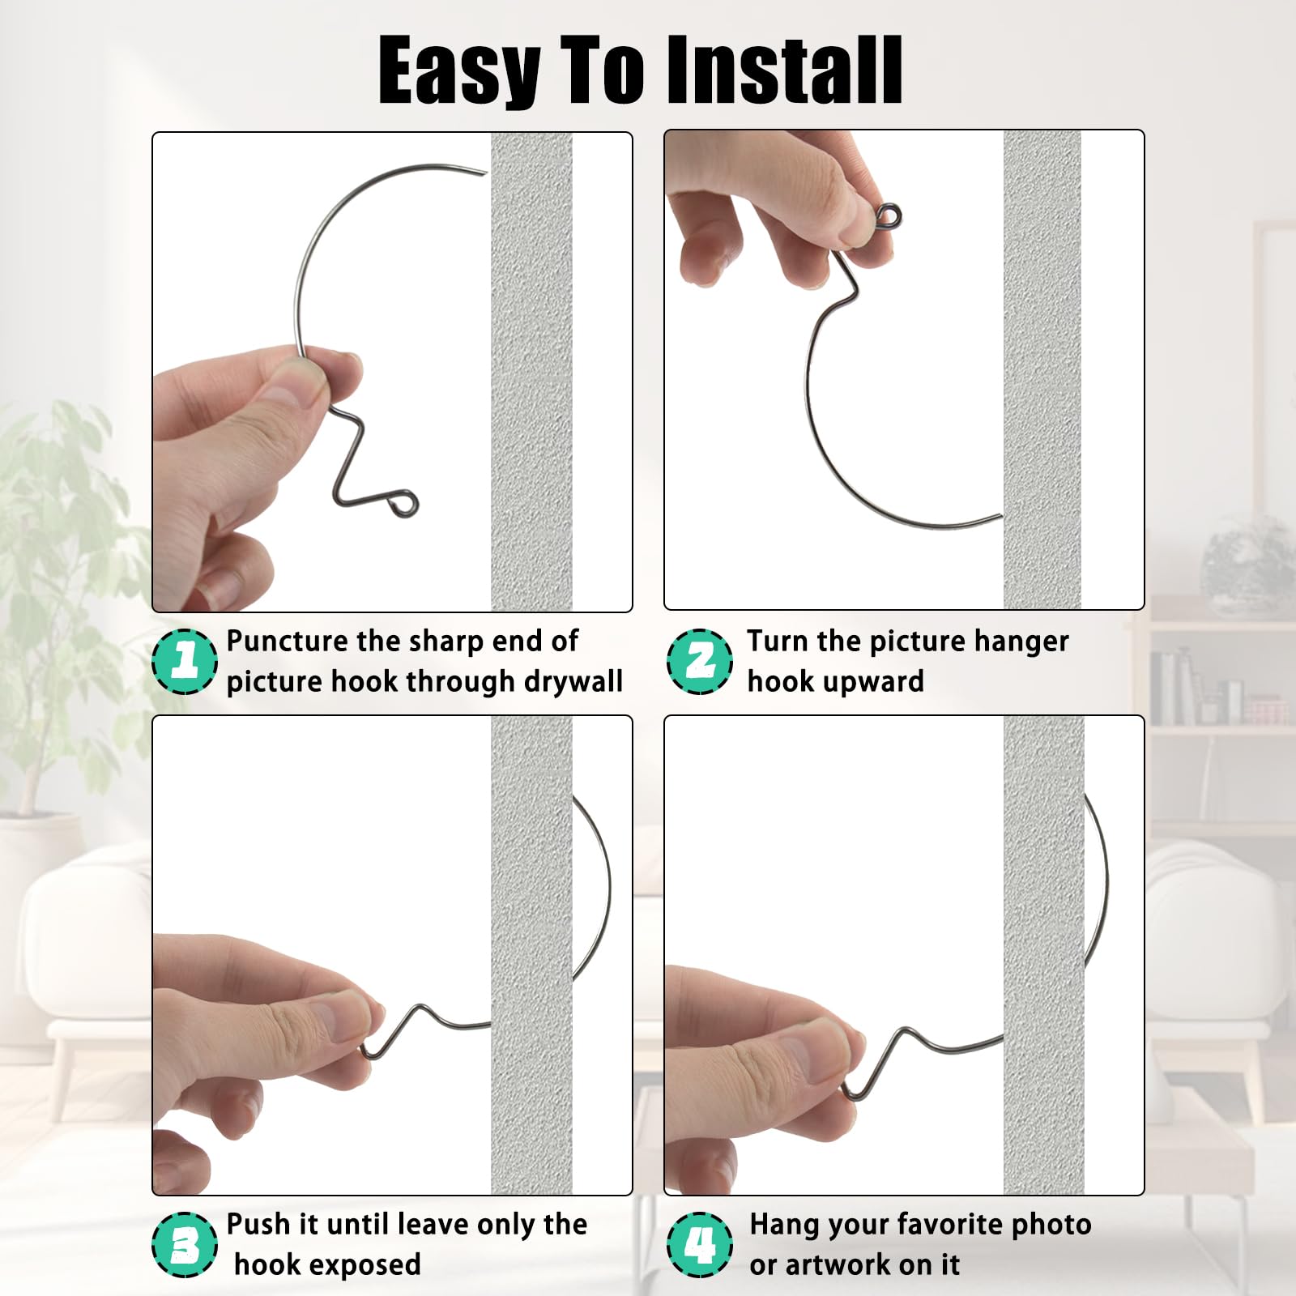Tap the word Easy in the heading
coord(458,71)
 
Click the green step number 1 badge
coord(185,661)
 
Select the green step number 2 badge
coord(699,661)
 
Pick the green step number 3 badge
coord(185,1244)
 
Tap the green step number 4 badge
coord(699,1244)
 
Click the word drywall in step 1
coord(573,681)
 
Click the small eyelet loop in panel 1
coord(405,504)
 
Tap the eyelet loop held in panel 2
coord(889,216)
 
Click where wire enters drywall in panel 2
coord(1001,515)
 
